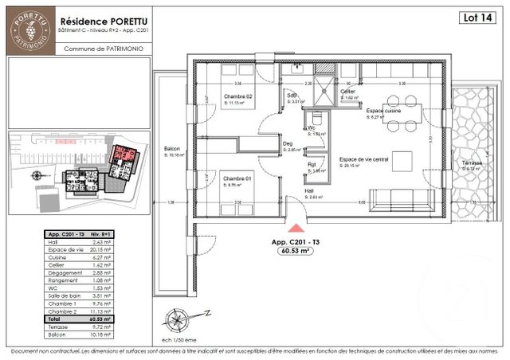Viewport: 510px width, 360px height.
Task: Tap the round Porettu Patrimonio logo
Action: click(x=28, y=30)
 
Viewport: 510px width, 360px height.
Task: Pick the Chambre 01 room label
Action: click(x=237, y=179)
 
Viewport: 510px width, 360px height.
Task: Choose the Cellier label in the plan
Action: click(x=347, y=92)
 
